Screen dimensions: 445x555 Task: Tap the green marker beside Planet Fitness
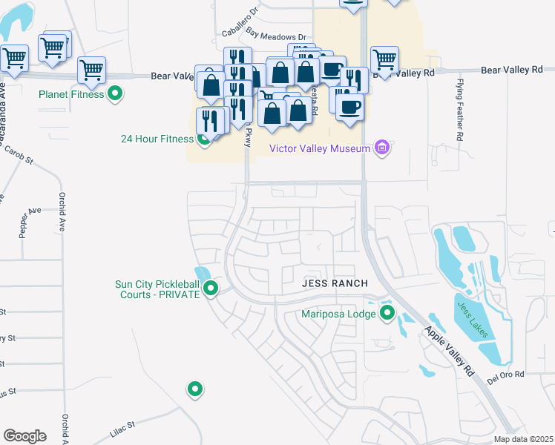click(115, 93)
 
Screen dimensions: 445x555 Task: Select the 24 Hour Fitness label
click(157, 139)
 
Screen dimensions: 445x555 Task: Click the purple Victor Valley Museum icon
click(382, 148)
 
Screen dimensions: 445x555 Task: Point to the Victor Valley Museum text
click(319, 148)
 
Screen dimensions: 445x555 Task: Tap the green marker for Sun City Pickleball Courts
click(211, 289)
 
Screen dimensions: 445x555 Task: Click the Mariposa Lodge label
click(338, 314)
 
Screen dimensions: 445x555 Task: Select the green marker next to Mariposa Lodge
click(387, 314)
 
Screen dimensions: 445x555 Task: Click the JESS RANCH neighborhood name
click(329, 283)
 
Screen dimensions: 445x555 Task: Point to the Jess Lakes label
click(473, 320)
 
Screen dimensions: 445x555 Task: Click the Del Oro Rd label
click(506, 377)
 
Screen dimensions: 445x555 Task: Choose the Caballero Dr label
click(240, 13)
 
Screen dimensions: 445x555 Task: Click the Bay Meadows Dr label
click(276, 36)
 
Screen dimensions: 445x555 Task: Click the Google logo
click(24, 435)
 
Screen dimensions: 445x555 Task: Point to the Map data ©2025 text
click(523, 439)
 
